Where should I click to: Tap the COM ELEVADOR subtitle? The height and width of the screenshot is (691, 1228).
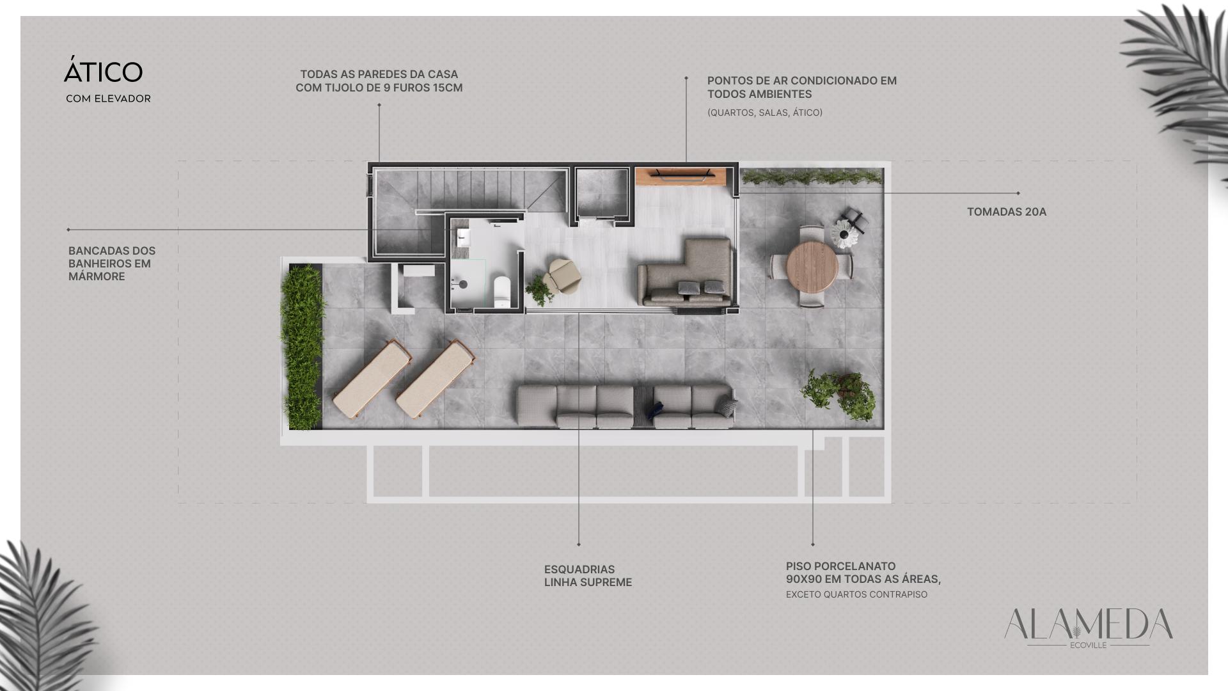click(108, 99)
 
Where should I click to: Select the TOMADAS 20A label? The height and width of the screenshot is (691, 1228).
click(1007, 212)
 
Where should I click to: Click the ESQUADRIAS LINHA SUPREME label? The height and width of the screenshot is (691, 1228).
click(588, 576)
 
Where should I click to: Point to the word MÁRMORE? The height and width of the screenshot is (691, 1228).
click(97, 276)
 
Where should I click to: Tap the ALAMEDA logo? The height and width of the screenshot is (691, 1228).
click(1088, 628)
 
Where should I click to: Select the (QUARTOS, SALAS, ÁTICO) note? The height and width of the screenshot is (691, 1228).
click(765, 113)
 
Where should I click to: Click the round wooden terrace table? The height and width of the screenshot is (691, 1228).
click(812, 266)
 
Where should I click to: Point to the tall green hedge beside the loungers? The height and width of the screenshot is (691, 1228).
click(301, 347)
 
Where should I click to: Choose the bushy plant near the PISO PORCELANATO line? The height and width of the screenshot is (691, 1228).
click(838, 393)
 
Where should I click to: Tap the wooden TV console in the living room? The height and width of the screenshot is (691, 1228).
click(682, 177)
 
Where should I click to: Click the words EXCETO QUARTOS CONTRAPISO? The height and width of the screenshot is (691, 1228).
click(856, 595)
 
